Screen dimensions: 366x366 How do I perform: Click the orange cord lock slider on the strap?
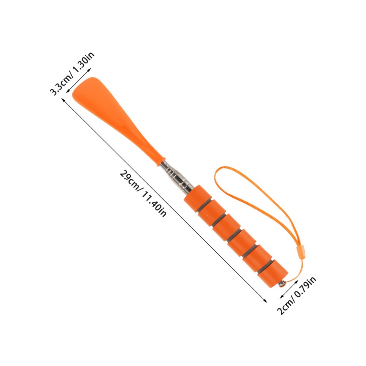301,252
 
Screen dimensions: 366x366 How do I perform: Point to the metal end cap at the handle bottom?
282,284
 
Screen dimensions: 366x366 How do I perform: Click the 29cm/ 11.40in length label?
143,194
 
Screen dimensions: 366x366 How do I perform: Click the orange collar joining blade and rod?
161,161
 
